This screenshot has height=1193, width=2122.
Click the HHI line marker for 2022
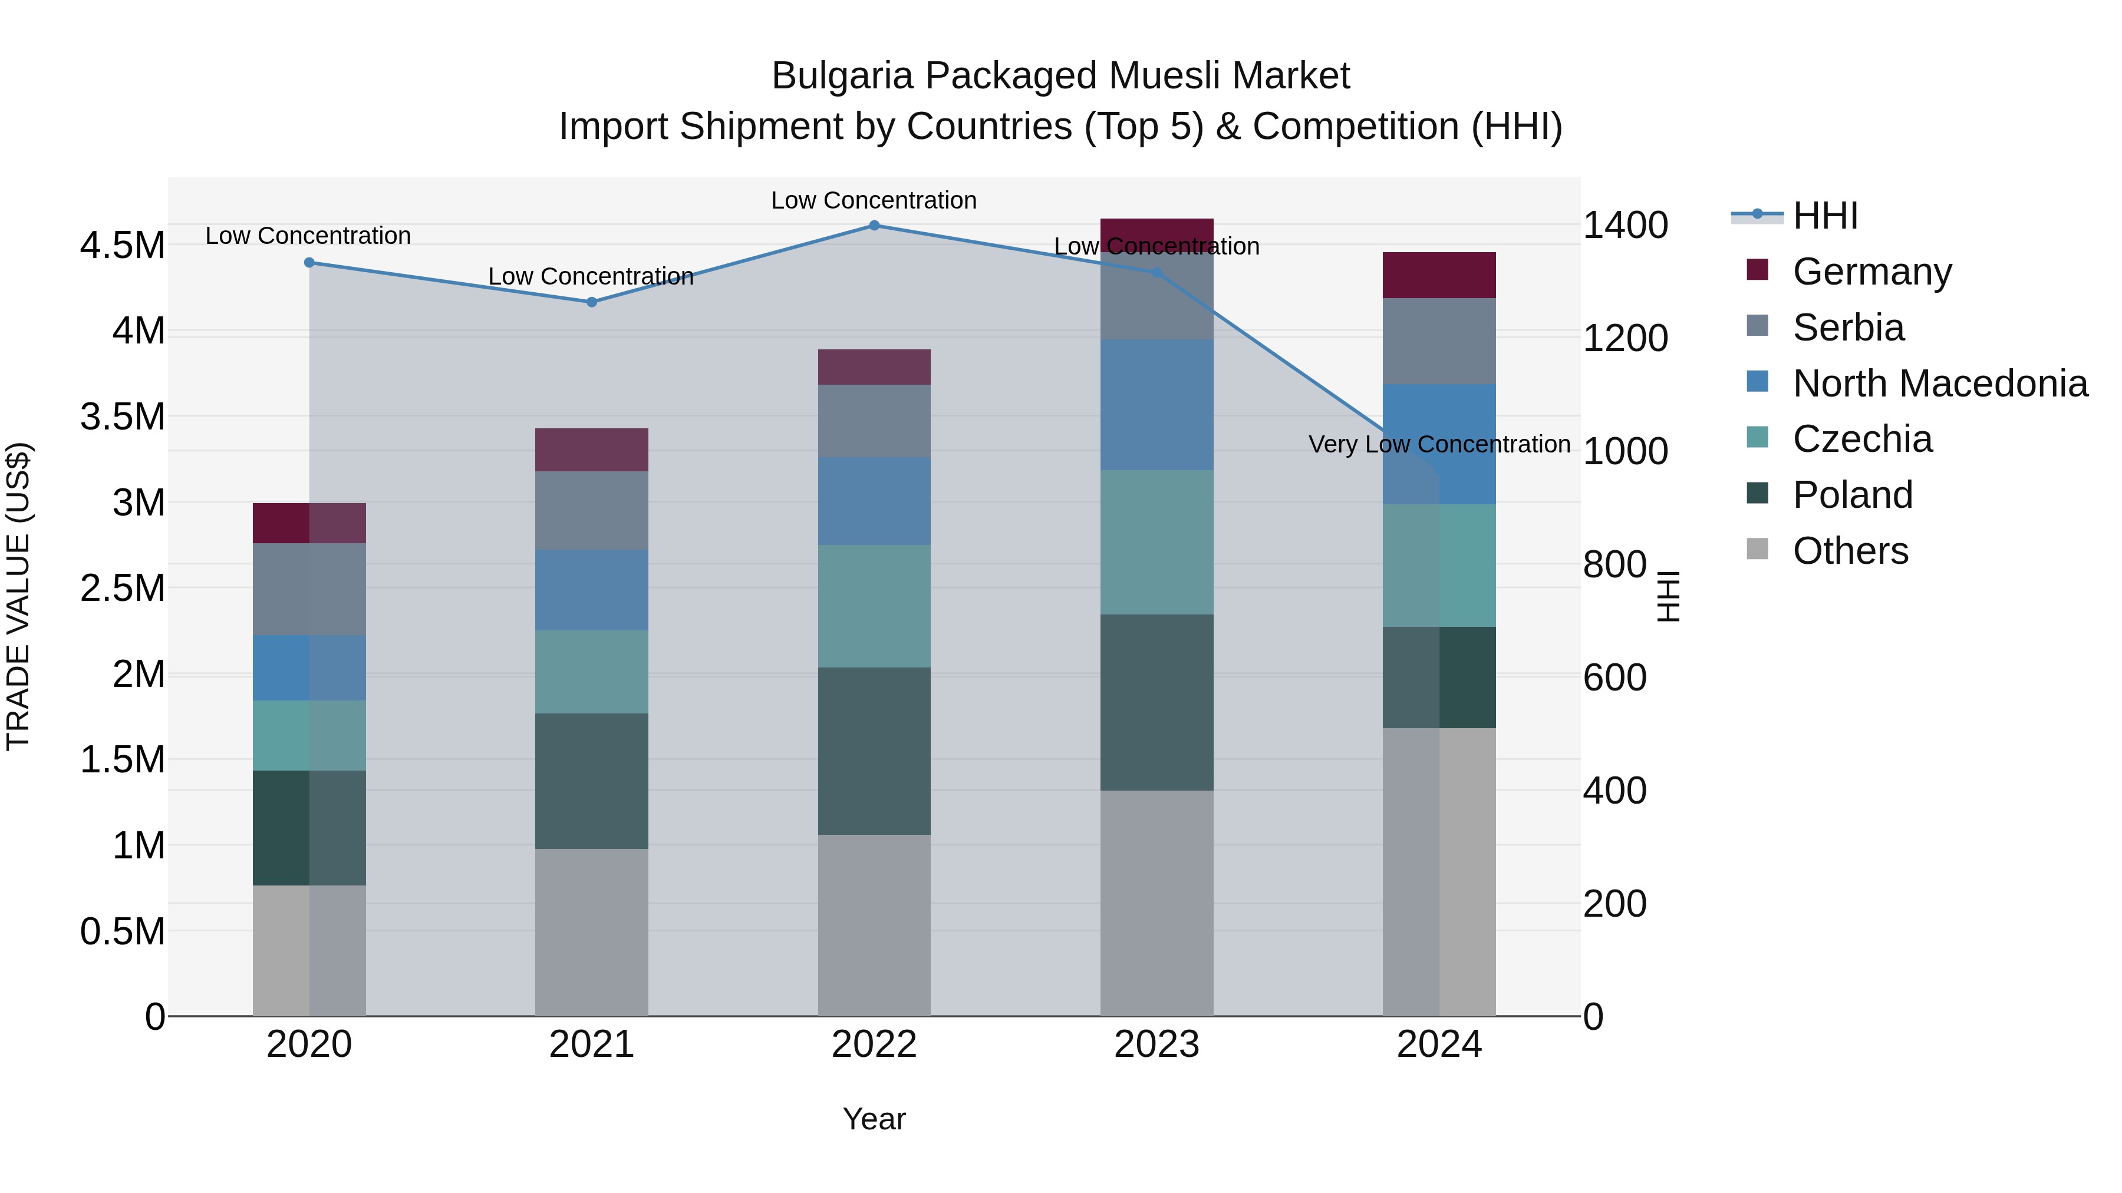click(x=874, y=225)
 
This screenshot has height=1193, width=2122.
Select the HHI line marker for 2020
click(x=309, y=263)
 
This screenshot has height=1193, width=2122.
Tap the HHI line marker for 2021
click(x=591, y=302)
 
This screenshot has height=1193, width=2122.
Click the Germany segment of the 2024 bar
click(x=1439, y=275)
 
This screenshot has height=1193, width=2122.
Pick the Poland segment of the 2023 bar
click(x=1156, y=702)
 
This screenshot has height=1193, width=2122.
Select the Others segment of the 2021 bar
click(x=591, y=932)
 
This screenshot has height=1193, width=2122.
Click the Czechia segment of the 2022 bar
click(x=874, y=606)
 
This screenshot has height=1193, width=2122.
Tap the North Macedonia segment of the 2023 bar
click(x=1156, y=405)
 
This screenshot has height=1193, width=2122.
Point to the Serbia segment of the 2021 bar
click(x=591, y=510)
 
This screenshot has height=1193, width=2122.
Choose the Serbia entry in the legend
click(x=1848, y=328)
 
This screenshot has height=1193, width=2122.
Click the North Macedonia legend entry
click(x=1939, y=384)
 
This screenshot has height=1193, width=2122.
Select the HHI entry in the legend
click(x=1824, y=216)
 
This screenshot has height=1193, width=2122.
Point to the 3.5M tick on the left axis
click(x=122, y=417)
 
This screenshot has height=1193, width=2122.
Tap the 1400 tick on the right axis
click(x=1625, y=225)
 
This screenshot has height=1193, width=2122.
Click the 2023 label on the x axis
click(x=1156, y=1045)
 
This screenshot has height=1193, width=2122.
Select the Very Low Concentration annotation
click(x=1438, y=445)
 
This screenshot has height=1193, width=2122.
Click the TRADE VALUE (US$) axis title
click(x=18, y=596)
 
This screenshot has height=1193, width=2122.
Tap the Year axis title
click(x=874, y=1119)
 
